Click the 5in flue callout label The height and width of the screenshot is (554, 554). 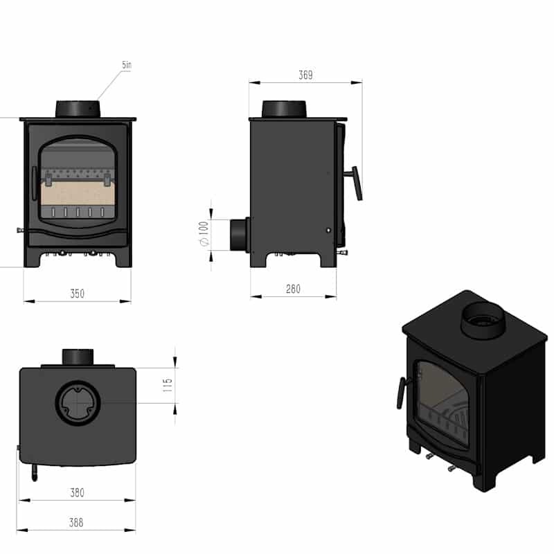(126, 64)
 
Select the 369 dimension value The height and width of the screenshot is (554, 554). (305, 75)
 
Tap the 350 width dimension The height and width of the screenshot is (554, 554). (77, 294)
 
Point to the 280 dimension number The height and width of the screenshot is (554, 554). (293, 289)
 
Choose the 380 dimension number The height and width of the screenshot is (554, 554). (77, 493)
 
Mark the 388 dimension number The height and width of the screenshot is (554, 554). (77, 523)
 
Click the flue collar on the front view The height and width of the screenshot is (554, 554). (78, 109)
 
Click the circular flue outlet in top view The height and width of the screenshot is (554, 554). (78, 402)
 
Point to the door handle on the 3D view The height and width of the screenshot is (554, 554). (400, 393)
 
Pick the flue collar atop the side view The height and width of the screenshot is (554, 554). (284, 109)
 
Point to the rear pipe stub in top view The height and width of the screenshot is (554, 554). (78, 357)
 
